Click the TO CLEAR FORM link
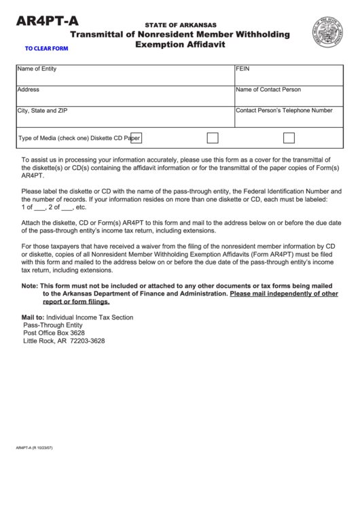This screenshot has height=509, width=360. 47,48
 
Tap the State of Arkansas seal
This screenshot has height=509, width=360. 327,33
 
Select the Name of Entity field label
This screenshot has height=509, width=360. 37,69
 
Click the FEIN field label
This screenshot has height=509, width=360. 243,69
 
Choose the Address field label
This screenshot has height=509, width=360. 28,90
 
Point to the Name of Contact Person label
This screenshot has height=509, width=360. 268,90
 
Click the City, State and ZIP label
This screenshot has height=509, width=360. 42,110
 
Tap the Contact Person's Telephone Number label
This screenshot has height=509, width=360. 284,110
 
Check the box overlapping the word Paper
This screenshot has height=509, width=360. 135,138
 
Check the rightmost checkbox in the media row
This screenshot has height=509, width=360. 289,138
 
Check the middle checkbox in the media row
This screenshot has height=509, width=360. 213,138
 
